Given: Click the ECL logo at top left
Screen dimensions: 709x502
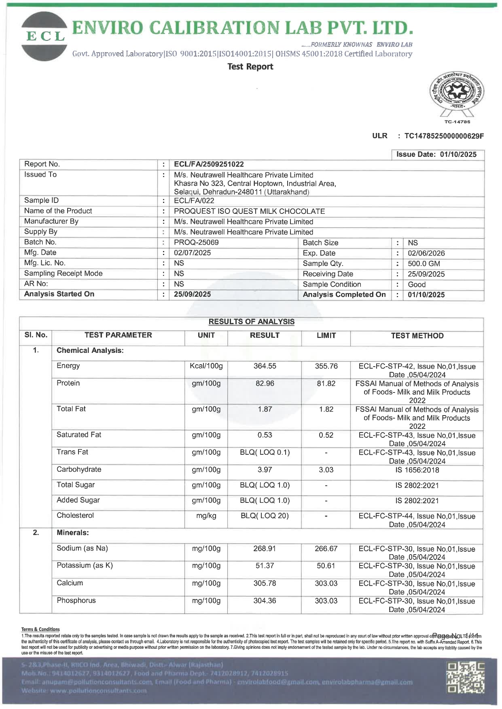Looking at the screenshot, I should coord(44,36).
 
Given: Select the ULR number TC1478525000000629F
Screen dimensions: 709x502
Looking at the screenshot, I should coord(444,136).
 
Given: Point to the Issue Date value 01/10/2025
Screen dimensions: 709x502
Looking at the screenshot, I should coord(458,154).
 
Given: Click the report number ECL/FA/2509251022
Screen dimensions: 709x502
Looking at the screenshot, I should coord(209,164).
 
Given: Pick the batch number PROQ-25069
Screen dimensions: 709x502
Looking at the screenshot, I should coord(196,243).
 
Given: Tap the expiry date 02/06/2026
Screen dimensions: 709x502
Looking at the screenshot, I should coord(426,253).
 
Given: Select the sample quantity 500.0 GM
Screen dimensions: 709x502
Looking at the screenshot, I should coord(424,264).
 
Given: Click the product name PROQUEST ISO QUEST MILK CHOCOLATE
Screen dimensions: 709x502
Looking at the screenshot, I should coord(249,211).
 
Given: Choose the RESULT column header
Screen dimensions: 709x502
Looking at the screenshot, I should coord(265,335).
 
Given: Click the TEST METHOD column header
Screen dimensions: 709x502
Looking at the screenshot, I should coord(417,336).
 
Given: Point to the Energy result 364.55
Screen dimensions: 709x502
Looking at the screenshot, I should coord(265,366).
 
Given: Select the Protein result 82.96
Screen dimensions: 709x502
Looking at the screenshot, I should coord(265,383).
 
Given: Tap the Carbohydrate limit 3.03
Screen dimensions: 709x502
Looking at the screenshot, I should coord(326,470).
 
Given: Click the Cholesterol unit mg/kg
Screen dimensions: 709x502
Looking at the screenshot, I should coord(206,516).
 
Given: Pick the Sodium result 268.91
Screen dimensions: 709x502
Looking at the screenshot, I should coord(265,549).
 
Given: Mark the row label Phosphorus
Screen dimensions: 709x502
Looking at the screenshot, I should coord(76,600).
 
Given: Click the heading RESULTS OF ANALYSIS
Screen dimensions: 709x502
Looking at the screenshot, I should coord(251,322).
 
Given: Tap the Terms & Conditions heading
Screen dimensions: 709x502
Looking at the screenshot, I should coord(40,629).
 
